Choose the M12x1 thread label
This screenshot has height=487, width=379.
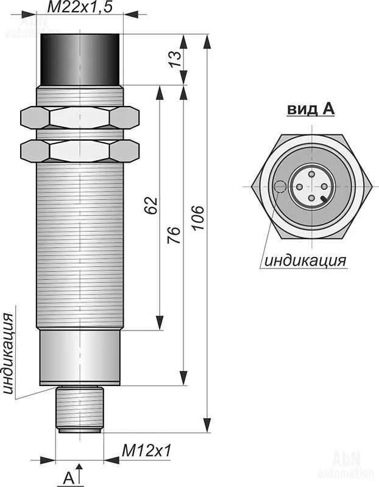click(x=146, y=450)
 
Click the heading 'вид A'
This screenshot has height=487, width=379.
click(x=311, y=109)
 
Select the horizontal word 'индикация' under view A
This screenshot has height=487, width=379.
click(x=305, y=261)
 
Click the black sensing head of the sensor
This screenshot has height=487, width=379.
click(x=81, y=58)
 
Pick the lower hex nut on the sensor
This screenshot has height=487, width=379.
click(x=80, y=149)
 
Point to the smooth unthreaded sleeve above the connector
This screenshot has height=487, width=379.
click(x=80, y=357)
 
